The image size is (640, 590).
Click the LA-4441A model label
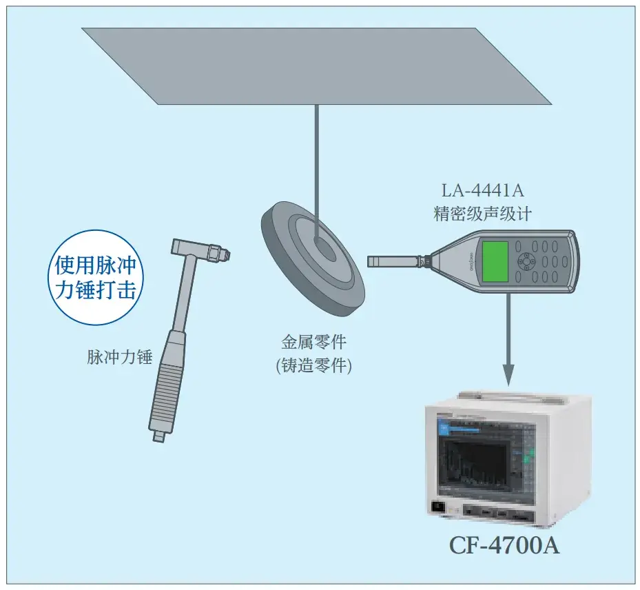pos(482,190)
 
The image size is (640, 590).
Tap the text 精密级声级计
pos(482,214)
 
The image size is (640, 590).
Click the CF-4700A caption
pos(504,545)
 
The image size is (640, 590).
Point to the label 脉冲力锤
pos(120,357)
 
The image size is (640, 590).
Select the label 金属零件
pos(314,342)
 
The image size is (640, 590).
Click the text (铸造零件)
pos(314,365)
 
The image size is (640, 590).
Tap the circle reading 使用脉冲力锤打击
pos(96,278)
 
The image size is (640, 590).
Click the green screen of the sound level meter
pos(495,261)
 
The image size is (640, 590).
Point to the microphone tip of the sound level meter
pos(369,261)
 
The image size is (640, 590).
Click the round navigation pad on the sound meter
pos(527,261)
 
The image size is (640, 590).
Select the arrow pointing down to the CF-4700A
pos(508,340)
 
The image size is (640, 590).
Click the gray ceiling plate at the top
pos(316,66)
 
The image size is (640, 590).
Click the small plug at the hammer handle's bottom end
pos(158,436)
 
